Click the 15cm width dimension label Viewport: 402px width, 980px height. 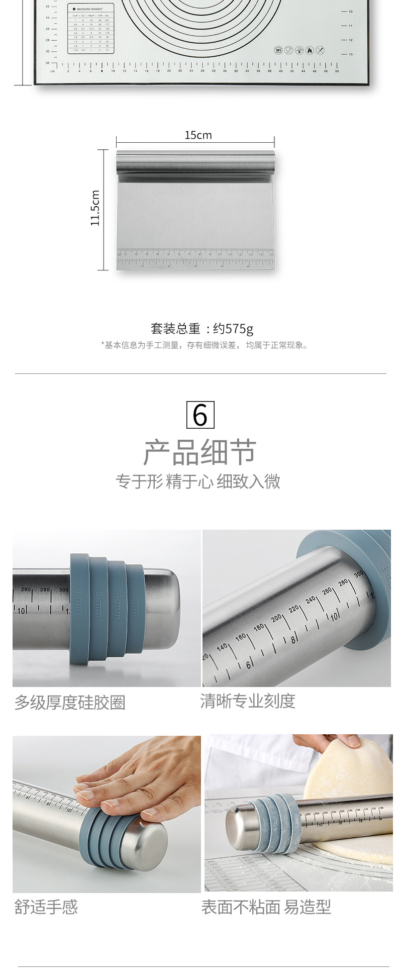tap(198, 135)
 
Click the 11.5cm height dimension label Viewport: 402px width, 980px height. tap(95, 208)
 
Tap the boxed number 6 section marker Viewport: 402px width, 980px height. tap(200, 415)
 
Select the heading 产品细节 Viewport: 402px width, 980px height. tap(200, 452)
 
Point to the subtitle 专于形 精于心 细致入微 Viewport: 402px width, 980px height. tap(198, 481)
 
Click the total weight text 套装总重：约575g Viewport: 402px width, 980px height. tap(202, 329)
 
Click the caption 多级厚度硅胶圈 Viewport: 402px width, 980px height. tap(70, 702)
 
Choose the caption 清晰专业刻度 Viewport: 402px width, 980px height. tap(248, 701)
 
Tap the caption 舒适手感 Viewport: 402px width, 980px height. tap(46, 907)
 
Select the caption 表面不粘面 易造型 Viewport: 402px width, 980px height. tap(266, 907)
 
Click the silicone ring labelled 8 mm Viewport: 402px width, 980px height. tap(79, 608)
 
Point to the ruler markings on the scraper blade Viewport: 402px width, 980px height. tap(196, 257)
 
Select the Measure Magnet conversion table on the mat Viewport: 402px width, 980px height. tap(91, 29)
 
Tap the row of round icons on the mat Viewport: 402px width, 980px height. tap(299, 50)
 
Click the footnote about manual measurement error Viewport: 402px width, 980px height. tap(205, 345)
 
